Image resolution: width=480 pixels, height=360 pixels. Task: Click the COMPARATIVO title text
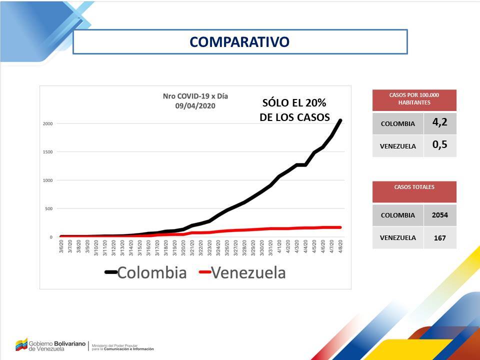coord(239,42)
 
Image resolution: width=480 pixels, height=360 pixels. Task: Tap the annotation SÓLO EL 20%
coord(294,103)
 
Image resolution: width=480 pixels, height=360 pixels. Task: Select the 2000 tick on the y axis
coord(47,123)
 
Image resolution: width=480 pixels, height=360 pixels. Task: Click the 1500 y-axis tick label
coord(47,152)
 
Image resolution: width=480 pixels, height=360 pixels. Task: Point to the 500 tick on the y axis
coord(49,208)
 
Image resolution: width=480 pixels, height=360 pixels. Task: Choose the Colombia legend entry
coord(145,272)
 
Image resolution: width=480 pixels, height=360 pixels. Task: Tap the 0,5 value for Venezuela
coord(440,145)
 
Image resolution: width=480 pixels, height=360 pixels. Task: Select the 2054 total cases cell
coord(440,215)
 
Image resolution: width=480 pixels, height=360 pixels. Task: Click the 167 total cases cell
coord(440,238)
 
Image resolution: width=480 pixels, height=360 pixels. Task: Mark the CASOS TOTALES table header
coord(414,187)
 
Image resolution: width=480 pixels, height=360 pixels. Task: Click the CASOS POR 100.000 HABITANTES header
coord(414,98)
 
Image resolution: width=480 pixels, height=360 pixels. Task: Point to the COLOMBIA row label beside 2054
coord(398,215)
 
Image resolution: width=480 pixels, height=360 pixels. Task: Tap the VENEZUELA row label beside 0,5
coord(398,146)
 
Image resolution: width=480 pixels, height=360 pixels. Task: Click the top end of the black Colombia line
coord(340,120)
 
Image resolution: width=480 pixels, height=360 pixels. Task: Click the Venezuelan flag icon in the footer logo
coord(20,344)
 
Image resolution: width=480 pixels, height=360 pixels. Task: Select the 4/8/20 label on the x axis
coord(340,246)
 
